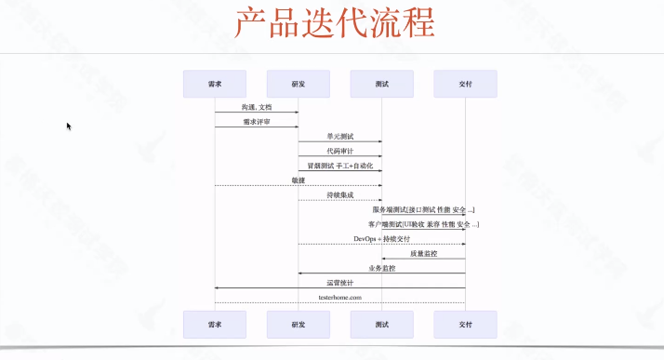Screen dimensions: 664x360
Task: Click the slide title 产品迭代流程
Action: [332, 24]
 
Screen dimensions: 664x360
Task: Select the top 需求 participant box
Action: [215, 84]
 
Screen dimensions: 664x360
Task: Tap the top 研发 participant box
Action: [299, 84]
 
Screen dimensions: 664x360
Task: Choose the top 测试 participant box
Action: [382, 84]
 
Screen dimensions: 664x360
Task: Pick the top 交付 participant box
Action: [465, 84]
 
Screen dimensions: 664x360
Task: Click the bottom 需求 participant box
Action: [215, 324]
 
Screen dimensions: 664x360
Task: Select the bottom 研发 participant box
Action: [299, 324]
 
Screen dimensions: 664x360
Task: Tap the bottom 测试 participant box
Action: [382, 324]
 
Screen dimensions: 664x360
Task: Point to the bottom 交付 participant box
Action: [465, 324]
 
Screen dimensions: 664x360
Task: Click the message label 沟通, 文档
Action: [257, 107]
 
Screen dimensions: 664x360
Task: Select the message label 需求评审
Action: [257, 121]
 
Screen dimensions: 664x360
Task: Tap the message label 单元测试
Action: [340, 136]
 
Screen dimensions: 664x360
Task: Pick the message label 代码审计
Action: [340, 151]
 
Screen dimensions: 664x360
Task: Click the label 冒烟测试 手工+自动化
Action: [340, 165]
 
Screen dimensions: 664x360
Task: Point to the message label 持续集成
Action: [340, 194]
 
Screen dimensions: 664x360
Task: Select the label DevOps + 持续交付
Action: [381, 238]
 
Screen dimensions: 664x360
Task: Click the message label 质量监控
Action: [423, 253]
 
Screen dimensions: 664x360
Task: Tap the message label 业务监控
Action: [381, 268]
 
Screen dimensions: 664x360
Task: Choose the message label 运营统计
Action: [340, 282]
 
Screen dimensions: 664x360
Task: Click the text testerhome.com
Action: [340, 297]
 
